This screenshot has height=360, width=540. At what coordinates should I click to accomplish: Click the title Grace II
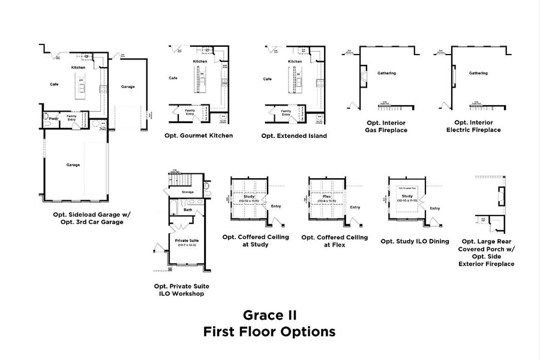269,314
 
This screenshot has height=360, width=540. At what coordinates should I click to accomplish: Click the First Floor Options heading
269,331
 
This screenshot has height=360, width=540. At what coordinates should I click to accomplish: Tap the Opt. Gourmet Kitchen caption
199,136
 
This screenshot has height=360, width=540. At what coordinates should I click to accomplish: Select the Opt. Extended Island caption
294,136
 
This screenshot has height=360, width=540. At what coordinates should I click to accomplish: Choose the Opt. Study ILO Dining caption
410,241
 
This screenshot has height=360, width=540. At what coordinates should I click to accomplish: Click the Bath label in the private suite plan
188,210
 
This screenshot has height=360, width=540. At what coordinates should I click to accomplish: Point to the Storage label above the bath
188,192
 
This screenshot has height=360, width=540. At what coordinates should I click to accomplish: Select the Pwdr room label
53,118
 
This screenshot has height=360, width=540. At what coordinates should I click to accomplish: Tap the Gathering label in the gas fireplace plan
386,73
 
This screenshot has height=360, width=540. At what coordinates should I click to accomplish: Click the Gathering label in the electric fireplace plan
478,73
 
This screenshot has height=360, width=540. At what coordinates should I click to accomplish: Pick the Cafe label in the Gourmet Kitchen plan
173,78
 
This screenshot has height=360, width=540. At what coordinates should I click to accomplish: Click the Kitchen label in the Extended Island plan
295,62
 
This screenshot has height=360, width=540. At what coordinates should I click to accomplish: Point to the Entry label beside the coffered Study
276,206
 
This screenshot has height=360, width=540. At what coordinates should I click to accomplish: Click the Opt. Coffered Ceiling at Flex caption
334,241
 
